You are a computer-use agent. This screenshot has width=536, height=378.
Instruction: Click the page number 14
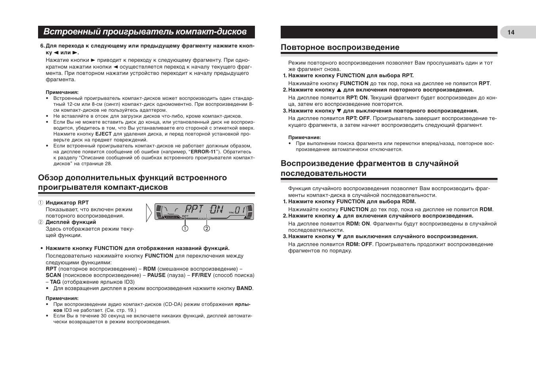pyautogui.click(x=511, y=32)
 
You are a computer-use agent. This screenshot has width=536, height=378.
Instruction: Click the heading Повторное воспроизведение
pyautogui.click(x=340, y=48)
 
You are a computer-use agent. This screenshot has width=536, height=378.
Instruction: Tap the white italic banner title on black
pyautogui.click(x=145, y=32)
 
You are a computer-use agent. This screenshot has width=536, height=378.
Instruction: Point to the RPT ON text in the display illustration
pyautogui.click(x=205, y=210)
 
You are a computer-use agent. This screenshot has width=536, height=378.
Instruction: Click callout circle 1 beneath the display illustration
pyautogui.click(x=185, y=229)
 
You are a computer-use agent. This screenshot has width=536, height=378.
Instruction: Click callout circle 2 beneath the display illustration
pyautogui.click(x=207, y=229)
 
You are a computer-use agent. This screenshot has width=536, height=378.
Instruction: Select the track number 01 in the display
pyautogui.click(x=240, y=210)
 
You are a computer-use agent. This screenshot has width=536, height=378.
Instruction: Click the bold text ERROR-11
pyautogui.click(x=203, y=152)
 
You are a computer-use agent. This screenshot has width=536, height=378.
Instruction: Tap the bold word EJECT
pyautogui.click(x=103, y=134)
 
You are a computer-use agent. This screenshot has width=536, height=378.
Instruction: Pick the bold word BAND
pyautogui.click(x=244, y=288)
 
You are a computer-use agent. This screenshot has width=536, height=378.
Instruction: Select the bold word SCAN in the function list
pyautogui.click(x=53, y=275)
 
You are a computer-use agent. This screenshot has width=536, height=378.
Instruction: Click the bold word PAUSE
pyautogui.click(x=156, y=275)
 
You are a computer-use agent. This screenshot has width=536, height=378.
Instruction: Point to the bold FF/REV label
pyautogui.click(x=201, y=275)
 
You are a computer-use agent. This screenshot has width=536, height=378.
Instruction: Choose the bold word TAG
pyautogui.click(x=55, y=282)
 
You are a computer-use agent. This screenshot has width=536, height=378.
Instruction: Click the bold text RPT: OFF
pyautogui.click(x=358, y=118)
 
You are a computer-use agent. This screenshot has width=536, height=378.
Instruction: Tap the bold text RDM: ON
pyautogui.click(x=358, y=223)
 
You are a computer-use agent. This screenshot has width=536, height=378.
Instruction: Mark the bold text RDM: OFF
pyautogui.click(x=359, y=244)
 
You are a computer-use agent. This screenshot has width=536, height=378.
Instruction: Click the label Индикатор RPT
pyautogui.click(x=67, y=203)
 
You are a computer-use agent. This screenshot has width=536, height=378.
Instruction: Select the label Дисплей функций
pyautogui.click(x=71, y=222)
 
